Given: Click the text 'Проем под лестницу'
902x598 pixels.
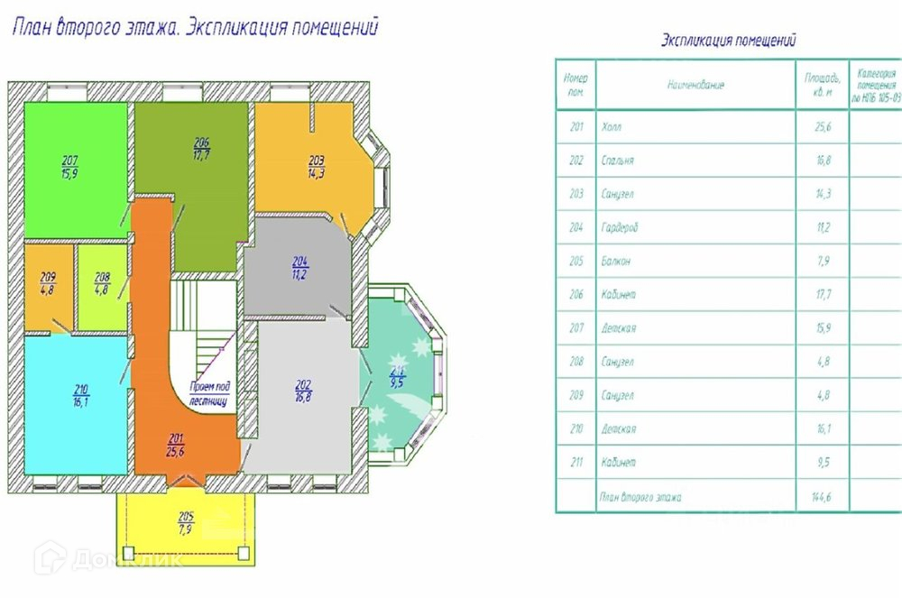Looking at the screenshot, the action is tap(208, 392).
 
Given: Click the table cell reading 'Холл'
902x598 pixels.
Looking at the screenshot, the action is tap(611, 127).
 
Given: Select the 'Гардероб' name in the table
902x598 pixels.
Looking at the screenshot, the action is tap(619, 228).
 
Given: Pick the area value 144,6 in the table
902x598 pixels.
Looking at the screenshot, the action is tap(823, 497).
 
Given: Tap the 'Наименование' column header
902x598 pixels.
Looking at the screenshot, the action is tap(695, 85).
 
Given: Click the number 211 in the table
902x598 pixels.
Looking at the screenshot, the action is tap(576, 463).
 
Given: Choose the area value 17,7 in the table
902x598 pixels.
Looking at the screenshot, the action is tap(823, 295).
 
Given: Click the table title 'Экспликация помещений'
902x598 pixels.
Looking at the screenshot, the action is tap(729, 41).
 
